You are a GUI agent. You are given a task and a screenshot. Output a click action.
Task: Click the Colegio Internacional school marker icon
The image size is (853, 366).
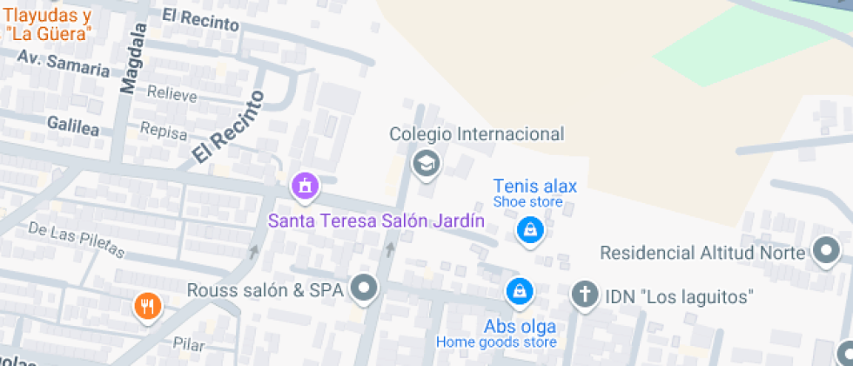click(426, 163)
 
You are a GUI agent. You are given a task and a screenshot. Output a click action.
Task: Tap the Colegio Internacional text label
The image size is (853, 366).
click(477, 134)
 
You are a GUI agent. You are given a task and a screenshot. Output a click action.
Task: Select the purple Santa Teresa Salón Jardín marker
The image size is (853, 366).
click(305, 185)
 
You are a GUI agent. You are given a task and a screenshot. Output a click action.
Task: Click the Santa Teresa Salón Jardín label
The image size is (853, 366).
click(376, 220)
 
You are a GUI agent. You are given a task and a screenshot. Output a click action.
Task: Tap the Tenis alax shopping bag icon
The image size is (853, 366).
click(528, 231)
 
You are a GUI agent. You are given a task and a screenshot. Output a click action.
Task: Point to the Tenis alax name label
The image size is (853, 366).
click(534, 186)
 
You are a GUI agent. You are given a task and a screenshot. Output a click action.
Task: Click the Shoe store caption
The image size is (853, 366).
click(527, 202)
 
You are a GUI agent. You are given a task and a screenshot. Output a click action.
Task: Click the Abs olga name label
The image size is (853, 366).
click(520, 327)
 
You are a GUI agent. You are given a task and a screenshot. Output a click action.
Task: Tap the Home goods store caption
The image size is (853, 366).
click(496, 342)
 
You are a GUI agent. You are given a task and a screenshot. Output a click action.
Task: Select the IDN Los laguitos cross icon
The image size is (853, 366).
click(585, 295)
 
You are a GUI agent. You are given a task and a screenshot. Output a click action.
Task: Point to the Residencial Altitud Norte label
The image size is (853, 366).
click(703, 253)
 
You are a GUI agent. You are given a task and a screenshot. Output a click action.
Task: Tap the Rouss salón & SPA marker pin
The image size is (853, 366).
click(364, 288)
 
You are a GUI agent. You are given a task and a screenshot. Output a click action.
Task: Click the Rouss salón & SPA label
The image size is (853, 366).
click(265, 288)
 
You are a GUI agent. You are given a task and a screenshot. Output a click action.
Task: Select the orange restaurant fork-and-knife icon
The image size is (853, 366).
click(146, 306)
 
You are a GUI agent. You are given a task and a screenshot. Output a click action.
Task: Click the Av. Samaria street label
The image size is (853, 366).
click(64, 63)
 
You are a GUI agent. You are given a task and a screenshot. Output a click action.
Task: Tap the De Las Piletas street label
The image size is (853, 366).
click(77, 240)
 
